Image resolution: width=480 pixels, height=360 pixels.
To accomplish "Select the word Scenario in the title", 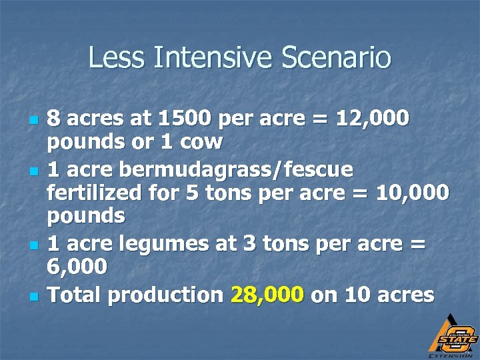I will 337,57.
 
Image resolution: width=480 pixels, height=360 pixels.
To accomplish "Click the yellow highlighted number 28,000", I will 267,294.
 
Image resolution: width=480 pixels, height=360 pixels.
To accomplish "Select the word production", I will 166,294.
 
